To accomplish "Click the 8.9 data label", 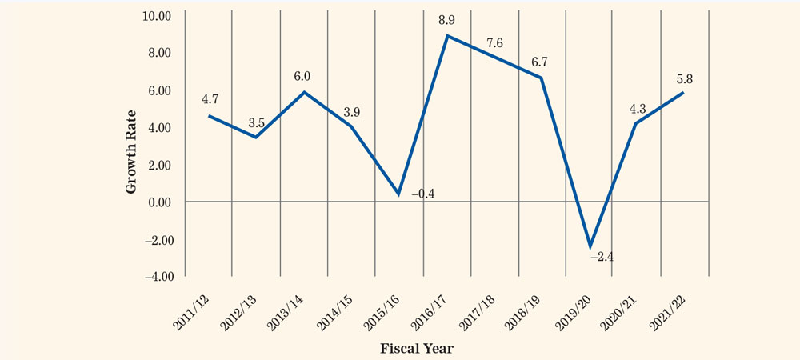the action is (x=446, y=20).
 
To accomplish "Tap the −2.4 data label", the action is (x=602, y=257).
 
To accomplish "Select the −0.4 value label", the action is (x=422, y=194).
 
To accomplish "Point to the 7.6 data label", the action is (x=494, y=43).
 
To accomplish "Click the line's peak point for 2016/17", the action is (x=447, y=36).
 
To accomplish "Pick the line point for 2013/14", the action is (x=305, y=92).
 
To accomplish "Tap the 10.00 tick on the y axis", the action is (x=159, y=15).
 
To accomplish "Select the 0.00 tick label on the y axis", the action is (x=162, y=202).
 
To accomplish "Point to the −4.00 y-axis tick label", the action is (x=159, y=277).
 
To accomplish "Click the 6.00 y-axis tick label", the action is (x=162, y=90).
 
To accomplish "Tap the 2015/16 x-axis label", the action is (x=381, y=313).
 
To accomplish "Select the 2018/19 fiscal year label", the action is (x=525, y=313).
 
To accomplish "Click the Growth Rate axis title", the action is (x=131, y=151).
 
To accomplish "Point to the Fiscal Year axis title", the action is (x=417, y=350).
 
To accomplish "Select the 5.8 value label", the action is (x=684, y=79).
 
